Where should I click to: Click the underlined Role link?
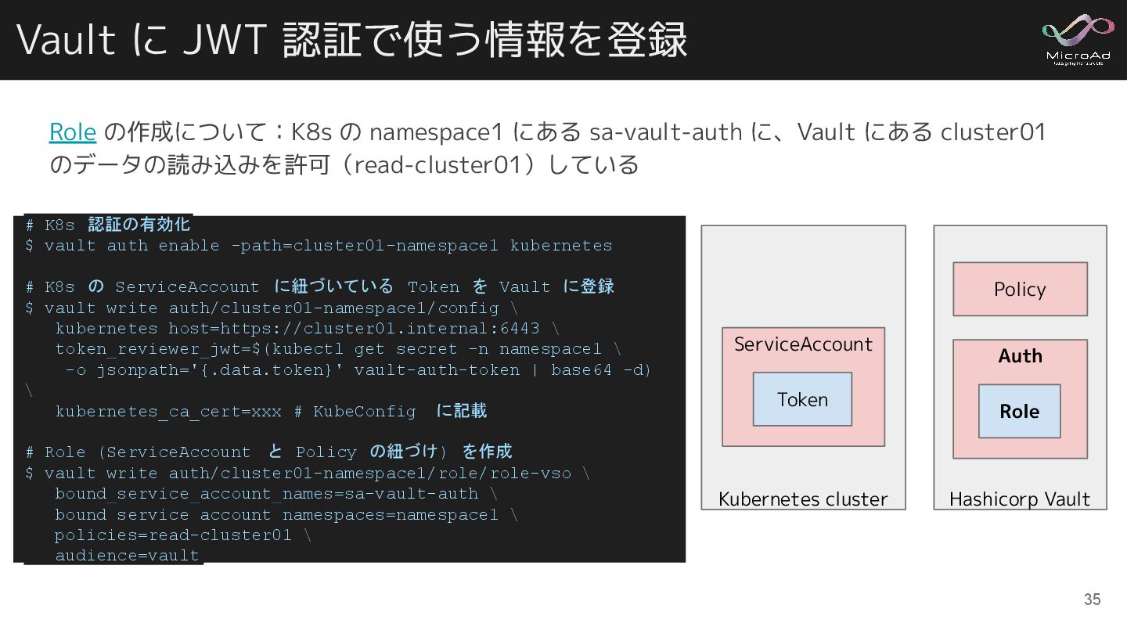click(73, 132)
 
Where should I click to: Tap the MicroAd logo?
click(1078, 39)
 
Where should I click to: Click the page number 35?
click(1092, 600)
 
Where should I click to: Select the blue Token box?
click(802, 399)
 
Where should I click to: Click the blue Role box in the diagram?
click(1019, 411)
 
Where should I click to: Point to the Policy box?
click(1020, 289)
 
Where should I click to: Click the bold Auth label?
click(1020, 356)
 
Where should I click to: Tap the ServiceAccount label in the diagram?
click(803, 344)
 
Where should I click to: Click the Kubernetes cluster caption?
click(803, 499)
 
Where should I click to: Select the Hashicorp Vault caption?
click(1019, 499)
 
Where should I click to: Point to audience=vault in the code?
click(127, 556)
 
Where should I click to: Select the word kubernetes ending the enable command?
click(560, 246)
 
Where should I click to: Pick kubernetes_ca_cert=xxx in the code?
click(168, 412)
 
